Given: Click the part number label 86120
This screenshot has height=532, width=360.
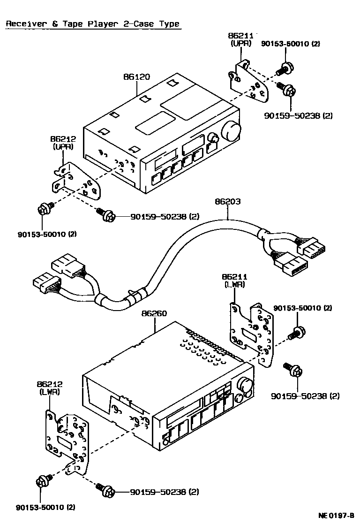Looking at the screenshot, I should pyautogui.click(x=136, y=76).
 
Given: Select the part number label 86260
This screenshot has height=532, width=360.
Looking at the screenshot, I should pyautogui.click(x=154, y=313).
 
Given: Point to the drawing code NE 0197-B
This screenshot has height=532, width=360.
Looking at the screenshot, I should pyautogui.click(x=336, y=516).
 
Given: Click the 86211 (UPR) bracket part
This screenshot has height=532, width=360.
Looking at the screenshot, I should pyautogui.click(x=250, y=82).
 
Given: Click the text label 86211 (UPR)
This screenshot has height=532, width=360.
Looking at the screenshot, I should pyautogui.click(x=240, y=39).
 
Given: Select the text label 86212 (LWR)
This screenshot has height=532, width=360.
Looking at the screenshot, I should pyautogui.click(x=50, y=388).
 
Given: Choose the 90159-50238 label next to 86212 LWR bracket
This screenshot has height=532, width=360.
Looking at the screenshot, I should pyautogui.click(x=164, y=492).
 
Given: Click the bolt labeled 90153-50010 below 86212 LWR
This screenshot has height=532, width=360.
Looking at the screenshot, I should pyautogui.click(x=43, y=482).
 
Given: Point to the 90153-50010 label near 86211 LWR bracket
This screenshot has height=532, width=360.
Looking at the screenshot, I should pyautogui.click(x=302, y=308).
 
